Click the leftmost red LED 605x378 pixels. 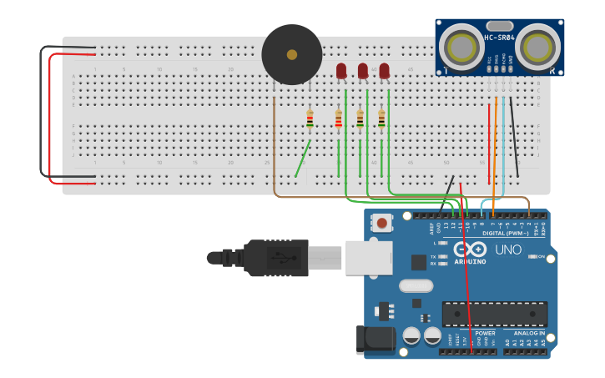pos(341,71)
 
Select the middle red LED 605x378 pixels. pos(363,71)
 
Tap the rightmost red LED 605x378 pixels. pos(384,71)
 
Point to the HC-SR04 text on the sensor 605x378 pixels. pos(499,37)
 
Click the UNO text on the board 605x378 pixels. pos(508,249)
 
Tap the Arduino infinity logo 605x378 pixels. pos(470,249)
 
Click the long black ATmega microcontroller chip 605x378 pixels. pos(494,314)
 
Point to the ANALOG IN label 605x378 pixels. pos(530,333)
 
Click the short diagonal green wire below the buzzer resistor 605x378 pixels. pos(303,159)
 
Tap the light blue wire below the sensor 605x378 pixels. pos(503,150)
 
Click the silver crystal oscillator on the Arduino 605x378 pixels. pos(416,286)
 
